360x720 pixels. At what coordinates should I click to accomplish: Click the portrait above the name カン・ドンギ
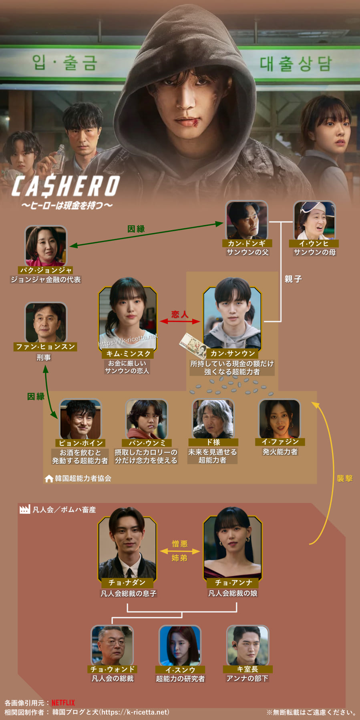tap(246, 220)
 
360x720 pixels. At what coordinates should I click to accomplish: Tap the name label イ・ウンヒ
tap(314, 243)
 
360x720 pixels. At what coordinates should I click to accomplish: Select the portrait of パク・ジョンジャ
tap(46, 246)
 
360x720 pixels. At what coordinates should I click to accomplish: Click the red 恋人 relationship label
tap(180, 314)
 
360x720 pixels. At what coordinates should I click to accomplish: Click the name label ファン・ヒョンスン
tap(46, 347)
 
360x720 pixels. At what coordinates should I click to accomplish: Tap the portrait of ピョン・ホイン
tap(80, 419)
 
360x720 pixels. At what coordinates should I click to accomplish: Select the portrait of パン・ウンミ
tap(146, 419)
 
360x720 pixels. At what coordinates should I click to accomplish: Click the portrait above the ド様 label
tap(213, 418)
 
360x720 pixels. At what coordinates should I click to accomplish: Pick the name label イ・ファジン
tap(280, 442)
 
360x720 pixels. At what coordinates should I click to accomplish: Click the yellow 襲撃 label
tap(344, 478)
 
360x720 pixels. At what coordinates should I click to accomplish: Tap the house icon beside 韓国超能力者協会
tap(49, 479)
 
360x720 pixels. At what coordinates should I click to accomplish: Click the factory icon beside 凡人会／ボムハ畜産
tap(25, 510)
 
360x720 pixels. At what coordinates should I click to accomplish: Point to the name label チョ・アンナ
tap(233, 583)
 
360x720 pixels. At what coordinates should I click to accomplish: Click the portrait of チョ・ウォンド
tap(112, 645)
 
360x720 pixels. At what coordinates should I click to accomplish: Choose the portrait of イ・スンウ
tap(180, 645)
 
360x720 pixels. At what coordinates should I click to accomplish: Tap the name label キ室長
tap(247, 669)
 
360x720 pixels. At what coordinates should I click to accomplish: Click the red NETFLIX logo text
tap(63, 703)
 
